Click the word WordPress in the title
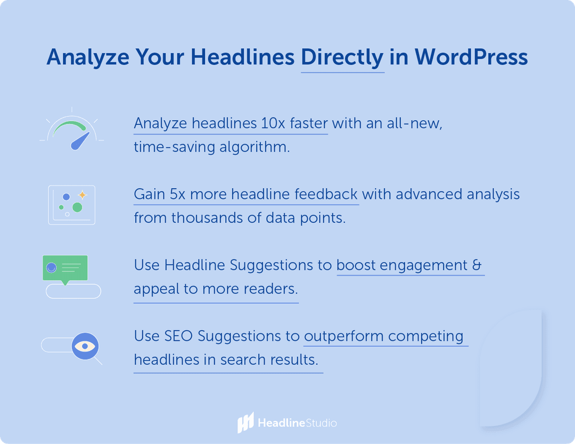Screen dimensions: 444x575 coord(471,57)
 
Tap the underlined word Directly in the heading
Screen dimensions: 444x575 coord(342,57)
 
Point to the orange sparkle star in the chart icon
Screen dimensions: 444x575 coord(82,195)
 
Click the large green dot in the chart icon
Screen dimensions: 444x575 coord(77,207)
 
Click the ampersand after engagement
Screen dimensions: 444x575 coord(477,265)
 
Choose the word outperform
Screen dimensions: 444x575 coord(344,336)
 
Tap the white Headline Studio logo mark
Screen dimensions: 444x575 coord(245,423)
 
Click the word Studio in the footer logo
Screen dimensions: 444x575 coord(321,423)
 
